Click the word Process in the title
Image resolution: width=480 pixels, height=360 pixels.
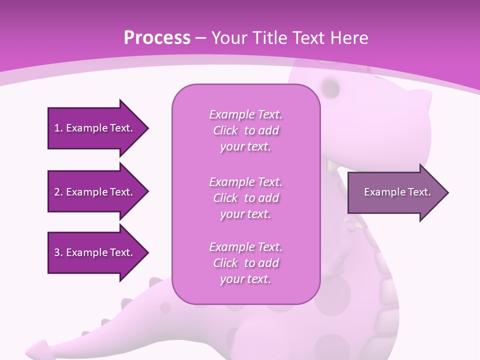pos(157,38)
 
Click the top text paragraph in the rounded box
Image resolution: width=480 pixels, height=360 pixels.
pos(245,130)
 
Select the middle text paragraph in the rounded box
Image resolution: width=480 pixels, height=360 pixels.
pos(245,197)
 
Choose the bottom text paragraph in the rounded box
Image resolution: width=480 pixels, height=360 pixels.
pos(245,262)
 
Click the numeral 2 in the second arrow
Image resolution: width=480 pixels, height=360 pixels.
pos(57,192)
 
